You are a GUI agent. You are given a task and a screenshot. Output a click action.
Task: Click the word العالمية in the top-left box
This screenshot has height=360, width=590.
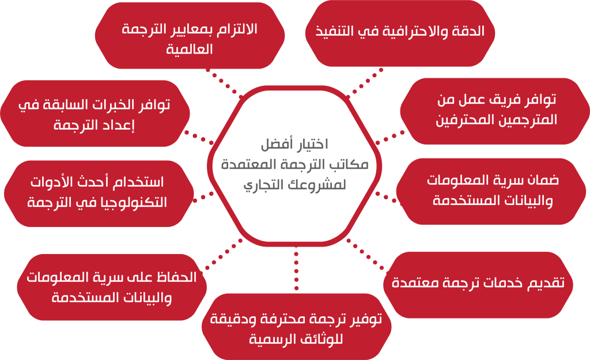pos(190,50)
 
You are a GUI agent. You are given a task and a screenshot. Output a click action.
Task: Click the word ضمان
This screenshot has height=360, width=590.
pos(543,180)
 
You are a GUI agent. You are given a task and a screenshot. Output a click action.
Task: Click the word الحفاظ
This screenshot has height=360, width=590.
pos(176,278)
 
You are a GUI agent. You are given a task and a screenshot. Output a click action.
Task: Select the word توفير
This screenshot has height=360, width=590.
pos(365,320)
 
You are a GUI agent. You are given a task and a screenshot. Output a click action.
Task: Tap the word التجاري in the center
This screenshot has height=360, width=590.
pos(261,185)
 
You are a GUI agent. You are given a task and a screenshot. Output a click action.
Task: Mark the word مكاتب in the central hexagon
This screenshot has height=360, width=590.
pos(349,164)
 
